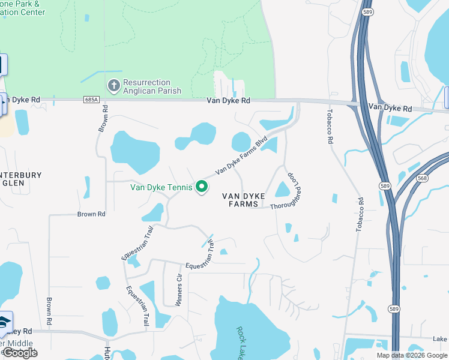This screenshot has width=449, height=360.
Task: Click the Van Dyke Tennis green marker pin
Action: [202, 188]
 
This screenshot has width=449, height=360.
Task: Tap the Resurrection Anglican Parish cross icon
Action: [113, 86]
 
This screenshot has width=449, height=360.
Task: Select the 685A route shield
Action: [91, 100]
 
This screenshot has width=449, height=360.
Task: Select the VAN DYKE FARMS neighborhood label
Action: [243, 200]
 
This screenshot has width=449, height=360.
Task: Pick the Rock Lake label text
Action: [240, 343]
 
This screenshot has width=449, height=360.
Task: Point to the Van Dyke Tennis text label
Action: [161, 187]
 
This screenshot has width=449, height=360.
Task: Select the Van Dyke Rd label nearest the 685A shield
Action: [228, 101]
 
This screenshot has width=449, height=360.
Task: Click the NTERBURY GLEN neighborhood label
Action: [21, 180]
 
